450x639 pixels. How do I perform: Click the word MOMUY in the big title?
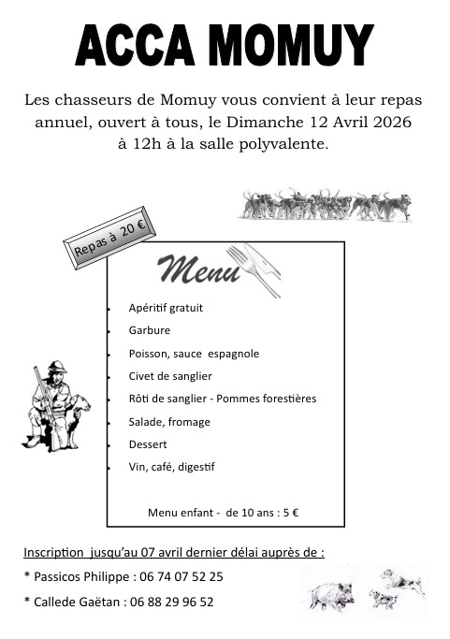point(290,45)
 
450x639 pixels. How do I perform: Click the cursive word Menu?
point(197,269)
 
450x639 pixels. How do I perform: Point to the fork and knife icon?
point(254,269)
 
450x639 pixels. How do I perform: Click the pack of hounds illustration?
point(327,205)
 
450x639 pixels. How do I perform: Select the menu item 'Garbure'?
point(150,330)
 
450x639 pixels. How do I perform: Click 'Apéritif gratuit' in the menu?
point(166,308)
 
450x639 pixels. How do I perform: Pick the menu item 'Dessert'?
point(148,444)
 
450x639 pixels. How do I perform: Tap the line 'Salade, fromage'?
point(169,422)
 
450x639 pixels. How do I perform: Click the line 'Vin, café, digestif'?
point(172,467)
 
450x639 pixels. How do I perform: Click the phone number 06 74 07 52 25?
point(180,576)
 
